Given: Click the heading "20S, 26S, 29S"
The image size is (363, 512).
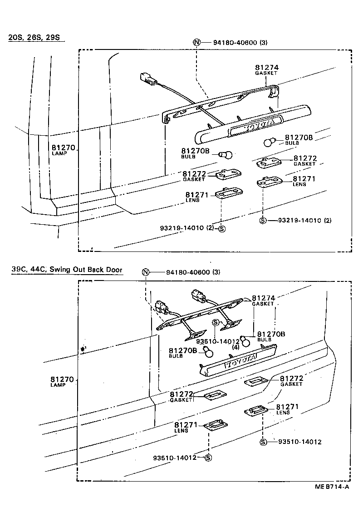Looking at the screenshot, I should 34,37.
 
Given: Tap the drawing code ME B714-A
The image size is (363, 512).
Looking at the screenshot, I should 332,487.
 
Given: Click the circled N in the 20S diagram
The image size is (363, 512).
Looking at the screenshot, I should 196,42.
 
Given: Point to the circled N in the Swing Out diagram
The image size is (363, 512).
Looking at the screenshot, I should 145,272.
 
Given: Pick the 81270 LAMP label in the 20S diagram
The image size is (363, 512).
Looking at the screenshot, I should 63,150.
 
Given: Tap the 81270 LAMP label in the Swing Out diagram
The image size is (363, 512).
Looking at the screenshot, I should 62,381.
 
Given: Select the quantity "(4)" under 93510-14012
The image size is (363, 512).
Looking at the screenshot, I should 235,347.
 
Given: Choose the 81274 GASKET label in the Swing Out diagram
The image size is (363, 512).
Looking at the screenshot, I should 263,300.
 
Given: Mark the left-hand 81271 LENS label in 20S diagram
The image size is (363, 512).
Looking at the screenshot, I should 196,197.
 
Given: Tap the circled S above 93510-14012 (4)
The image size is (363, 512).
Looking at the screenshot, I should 216,322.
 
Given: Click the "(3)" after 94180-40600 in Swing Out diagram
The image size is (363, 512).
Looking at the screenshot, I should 216,272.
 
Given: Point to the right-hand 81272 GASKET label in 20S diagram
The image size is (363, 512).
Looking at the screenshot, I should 304,161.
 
